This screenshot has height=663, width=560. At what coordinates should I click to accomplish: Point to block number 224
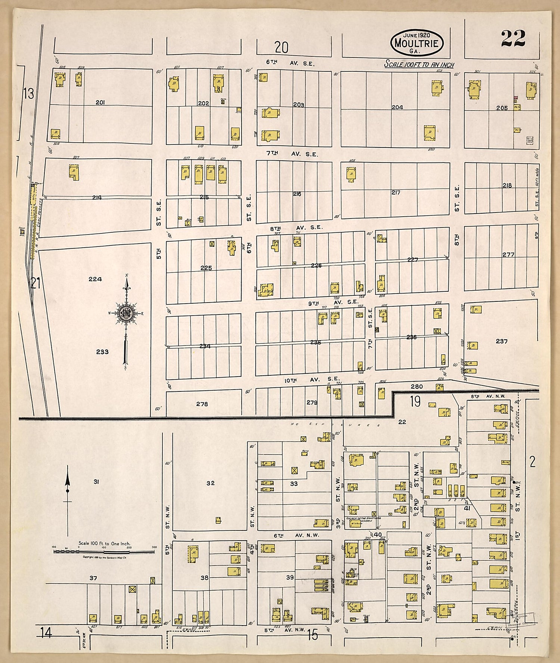pyautogui.click(x=96, y=279)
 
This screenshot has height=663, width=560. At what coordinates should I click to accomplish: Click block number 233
pyautogui.click(x=102, y=351)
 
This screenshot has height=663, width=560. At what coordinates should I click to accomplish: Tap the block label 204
pyautogui.click(x=397, y=107)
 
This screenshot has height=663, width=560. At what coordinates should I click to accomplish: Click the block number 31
pyautogui.click(x=96, y=482)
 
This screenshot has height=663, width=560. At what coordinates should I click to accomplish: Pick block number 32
pyautogui.click(x=211, y=483)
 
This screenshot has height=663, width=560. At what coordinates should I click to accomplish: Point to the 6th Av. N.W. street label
pyautogui.click(x=296, y=535)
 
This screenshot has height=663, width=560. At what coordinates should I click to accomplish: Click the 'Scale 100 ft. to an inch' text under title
pyautogui.click(x=419, y=65)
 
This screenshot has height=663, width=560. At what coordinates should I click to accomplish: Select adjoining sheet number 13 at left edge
pyautogui.click(x=29, y=93)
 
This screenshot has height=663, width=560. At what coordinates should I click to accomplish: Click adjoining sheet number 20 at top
pyautogui.click(x=281, y=47)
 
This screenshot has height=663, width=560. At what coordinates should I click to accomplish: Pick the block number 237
pyautogui.click(x=501, y=341)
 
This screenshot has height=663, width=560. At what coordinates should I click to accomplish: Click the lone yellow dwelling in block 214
pyautogui.click(x=74, y=172)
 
